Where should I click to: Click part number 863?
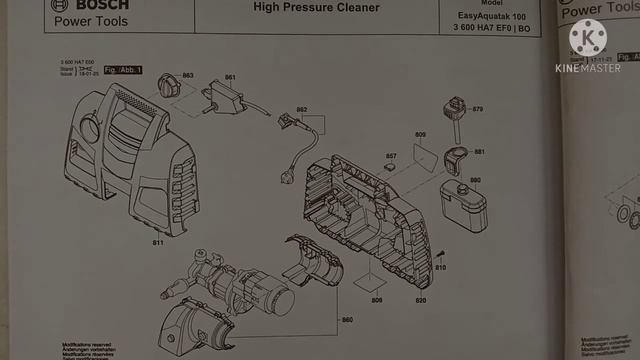(x=187, y=76)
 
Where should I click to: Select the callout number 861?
(x=230, y=77)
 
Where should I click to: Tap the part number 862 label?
(x=302, y=109)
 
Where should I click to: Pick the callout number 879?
(x=477, y=109)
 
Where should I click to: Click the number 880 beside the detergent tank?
(x=475, y=180)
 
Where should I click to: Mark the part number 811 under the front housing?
(x=157, y=242)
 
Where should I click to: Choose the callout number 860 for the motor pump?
(x=347, y=320)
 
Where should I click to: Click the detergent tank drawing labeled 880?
(x=463, y=204)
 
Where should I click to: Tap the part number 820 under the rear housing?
(x=421, y=300)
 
